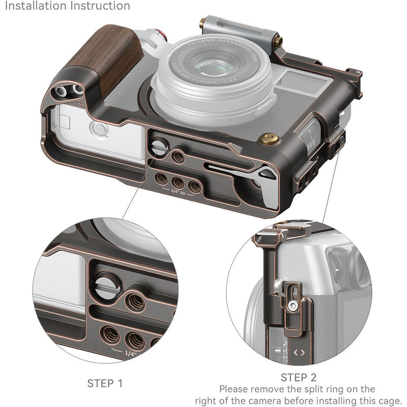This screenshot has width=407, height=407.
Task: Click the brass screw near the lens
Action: (x=265, y=138)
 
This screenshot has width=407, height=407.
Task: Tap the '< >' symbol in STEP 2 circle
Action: (x=300, y=351)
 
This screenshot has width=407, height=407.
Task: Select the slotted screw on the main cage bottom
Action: (x=159, y=148)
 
